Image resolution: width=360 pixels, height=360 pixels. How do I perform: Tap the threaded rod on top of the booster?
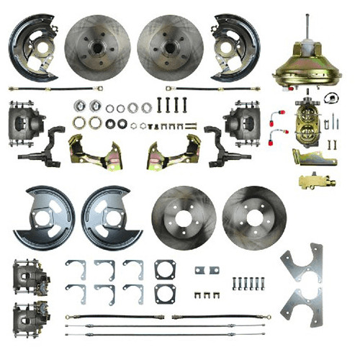(x=308, y=29)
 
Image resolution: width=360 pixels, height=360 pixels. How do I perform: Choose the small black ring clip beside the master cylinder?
(x=332, y=99)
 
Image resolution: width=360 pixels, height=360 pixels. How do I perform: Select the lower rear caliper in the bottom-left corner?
(x=30, y=315)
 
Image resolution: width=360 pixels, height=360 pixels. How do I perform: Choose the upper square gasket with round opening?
(x=165, y=270)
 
